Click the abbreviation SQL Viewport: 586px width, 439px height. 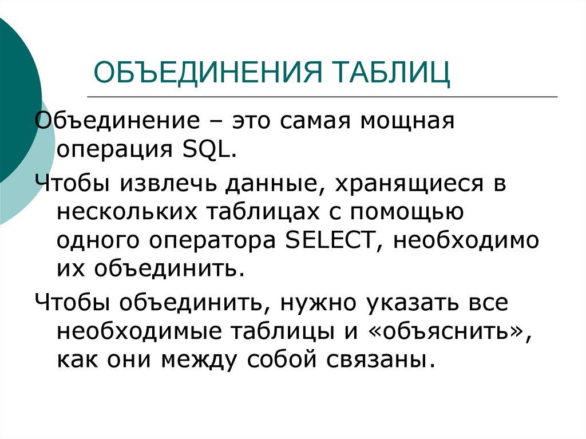(209, 151)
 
